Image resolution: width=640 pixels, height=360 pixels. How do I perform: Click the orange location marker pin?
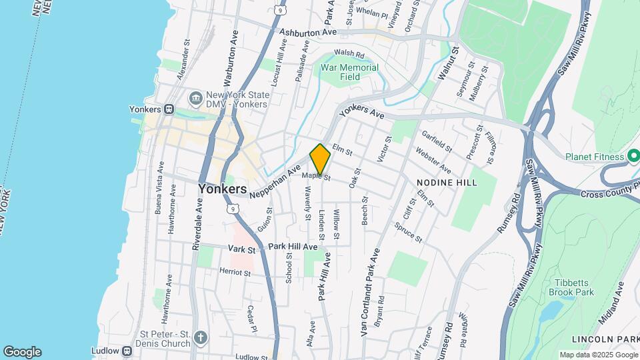[x=320, y=159]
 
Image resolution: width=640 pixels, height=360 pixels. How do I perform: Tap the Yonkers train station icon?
[x=169, y=109]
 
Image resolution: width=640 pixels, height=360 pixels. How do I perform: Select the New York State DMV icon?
[x=196, y=99]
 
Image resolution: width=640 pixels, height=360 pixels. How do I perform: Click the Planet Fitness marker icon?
[x=634, y=157]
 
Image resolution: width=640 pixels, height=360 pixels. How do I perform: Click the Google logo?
[x=22, y=352]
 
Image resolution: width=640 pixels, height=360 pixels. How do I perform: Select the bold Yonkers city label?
[x=222, y=189]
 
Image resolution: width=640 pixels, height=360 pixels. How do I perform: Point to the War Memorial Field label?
[x=349, y=72]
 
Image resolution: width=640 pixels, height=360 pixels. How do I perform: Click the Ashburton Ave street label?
[x=308, y=32]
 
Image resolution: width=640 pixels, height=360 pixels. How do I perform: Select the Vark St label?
[x=242, y=249]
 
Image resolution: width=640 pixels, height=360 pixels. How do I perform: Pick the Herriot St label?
[x=235, y=272]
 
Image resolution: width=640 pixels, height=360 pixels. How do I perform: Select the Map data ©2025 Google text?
[x=597, y=355]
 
